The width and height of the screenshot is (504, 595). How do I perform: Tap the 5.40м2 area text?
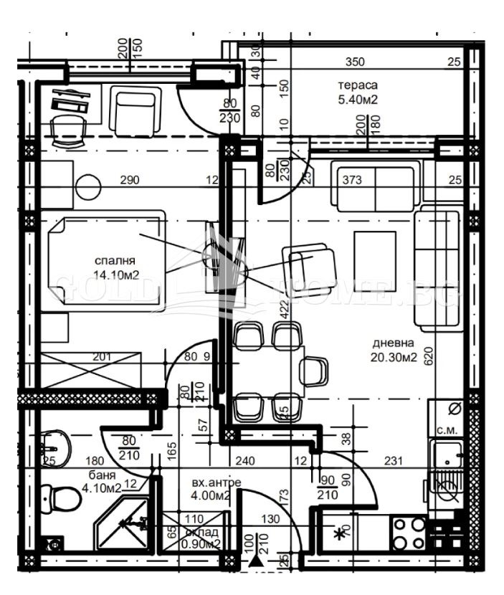coord(358,100)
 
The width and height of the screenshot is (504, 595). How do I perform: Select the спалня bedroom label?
coord(114,260)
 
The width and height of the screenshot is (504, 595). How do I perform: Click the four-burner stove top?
coord(408,533)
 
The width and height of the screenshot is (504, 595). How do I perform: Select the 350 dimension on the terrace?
coord(353,62)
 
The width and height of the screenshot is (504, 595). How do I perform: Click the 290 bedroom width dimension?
coord(130,180)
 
